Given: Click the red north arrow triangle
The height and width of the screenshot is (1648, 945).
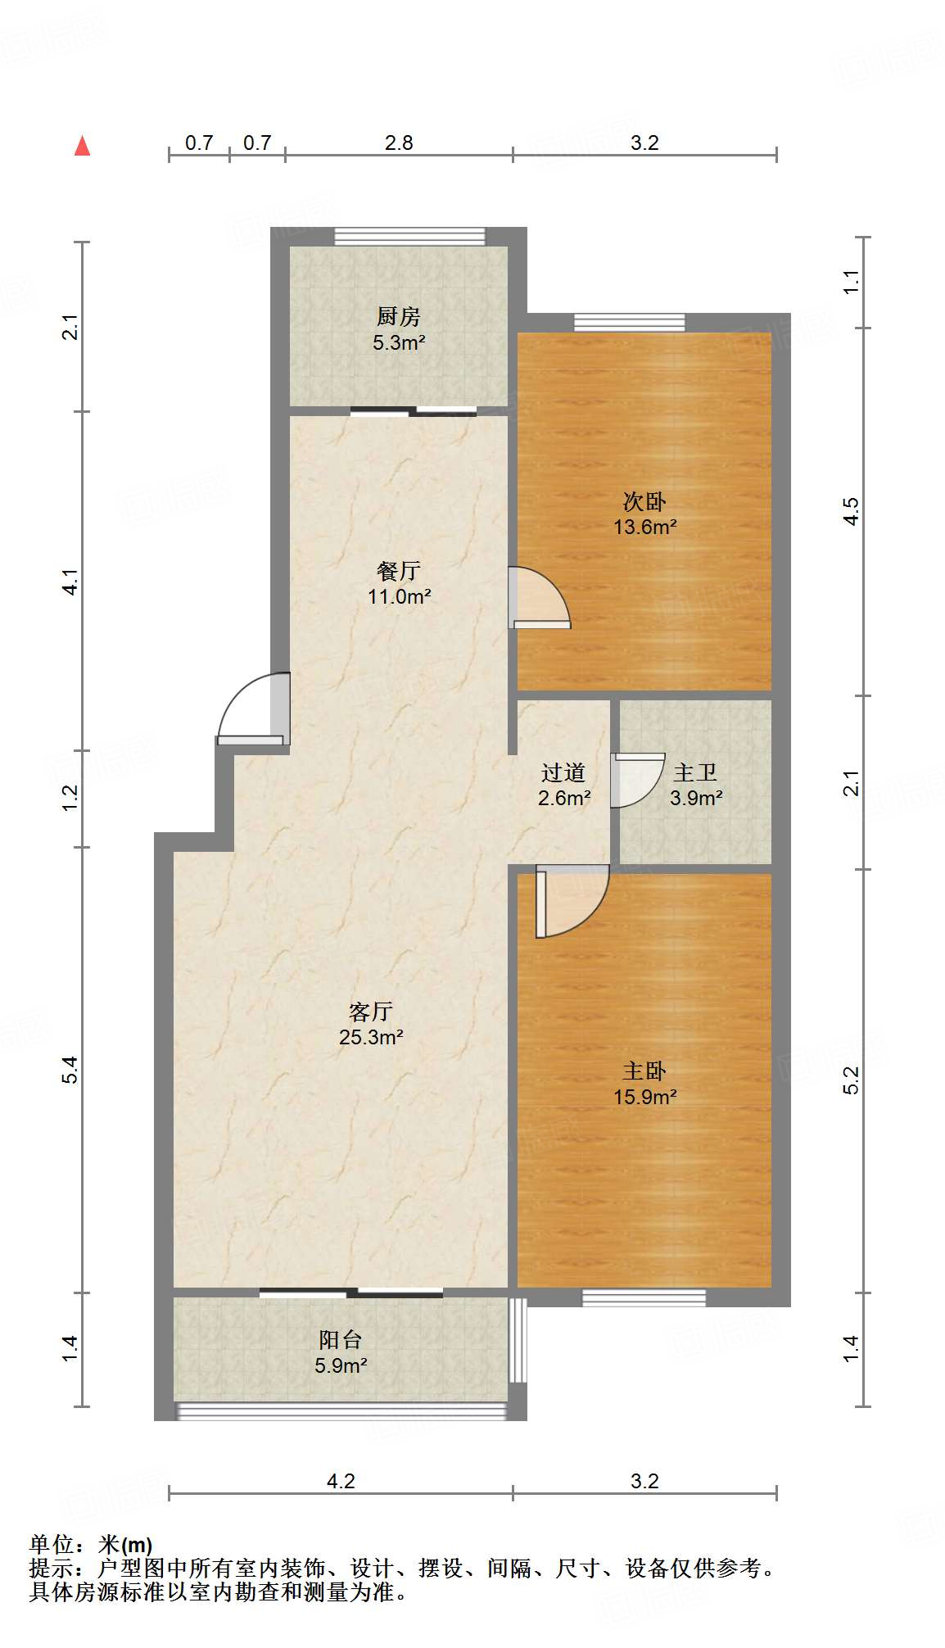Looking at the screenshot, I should tap(82, 146).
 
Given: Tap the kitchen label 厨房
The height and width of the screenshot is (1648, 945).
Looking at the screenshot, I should tap(398, 315).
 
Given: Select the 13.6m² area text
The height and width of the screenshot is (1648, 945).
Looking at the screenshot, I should tap(645, 527).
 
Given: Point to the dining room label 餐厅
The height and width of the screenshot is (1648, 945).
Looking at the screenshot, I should tap(399, 570).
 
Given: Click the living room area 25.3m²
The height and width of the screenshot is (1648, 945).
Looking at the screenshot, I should tap(371, 1037).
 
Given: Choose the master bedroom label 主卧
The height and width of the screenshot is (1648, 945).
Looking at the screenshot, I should tap(644, 1071).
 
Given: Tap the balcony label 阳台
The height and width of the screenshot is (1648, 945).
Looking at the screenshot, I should tap(341, 1339).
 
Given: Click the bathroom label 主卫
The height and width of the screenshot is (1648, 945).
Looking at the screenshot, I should tap(695, 772).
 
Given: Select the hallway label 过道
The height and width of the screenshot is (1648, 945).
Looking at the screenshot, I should tap(563, 772).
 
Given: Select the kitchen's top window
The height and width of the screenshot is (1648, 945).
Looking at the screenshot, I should tap(409, 236).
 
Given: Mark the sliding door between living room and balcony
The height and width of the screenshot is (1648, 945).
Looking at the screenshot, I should tap(351, 1293).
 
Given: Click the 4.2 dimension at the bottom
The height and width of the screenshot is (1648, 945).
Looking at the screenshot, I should tap(341, 1480).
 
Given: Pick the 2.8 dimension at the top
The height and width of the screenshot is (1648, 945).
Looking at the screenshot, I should tap(399, 143).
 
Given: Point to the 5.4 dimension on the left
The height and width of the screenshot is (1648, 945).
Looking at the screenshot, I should tap(70, 1069).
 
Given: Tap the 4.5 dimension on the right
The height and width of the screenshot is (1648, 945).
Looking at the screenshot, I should tap(852, 511).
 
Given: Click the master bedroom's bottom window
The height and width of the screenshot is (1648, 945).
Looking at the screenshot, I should tap(644, 1297).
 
